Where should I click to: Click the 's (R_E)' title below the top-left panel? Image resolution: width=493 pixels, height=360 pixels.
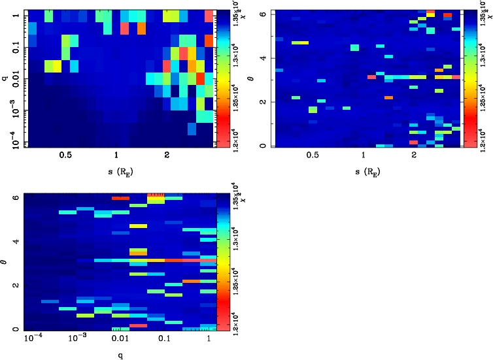tap(115, 172)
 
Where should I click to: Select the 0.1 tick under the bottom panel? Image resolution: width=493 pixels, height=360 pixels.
tap(164, 340)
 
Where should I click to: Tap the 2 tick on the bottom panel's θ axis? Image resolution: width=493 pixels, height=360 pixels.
tap(14, 286)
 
